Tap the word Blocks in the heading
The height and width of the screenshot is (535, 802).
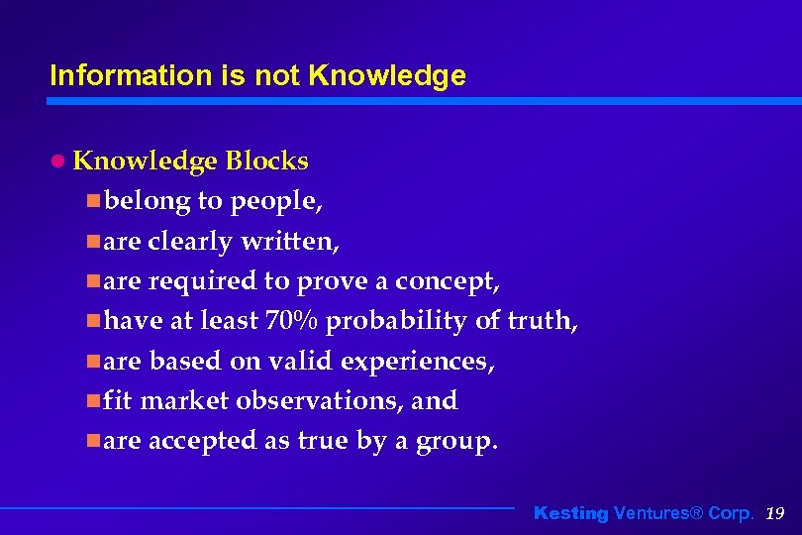pos(266,160)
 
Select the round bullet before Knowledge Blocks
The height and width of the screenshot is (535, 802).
pos(58,160)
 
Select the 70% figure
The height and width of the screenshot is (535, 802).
pos(291,321)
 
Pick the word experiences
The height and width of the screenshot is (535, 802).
pos(417,362)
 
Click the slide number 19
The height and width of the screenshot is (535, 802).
pos(775,513)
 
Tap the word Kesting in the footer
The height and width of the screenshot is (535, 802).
pos(571,513)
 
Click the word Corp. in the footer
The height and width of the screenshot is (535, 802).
pos(733,513)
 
